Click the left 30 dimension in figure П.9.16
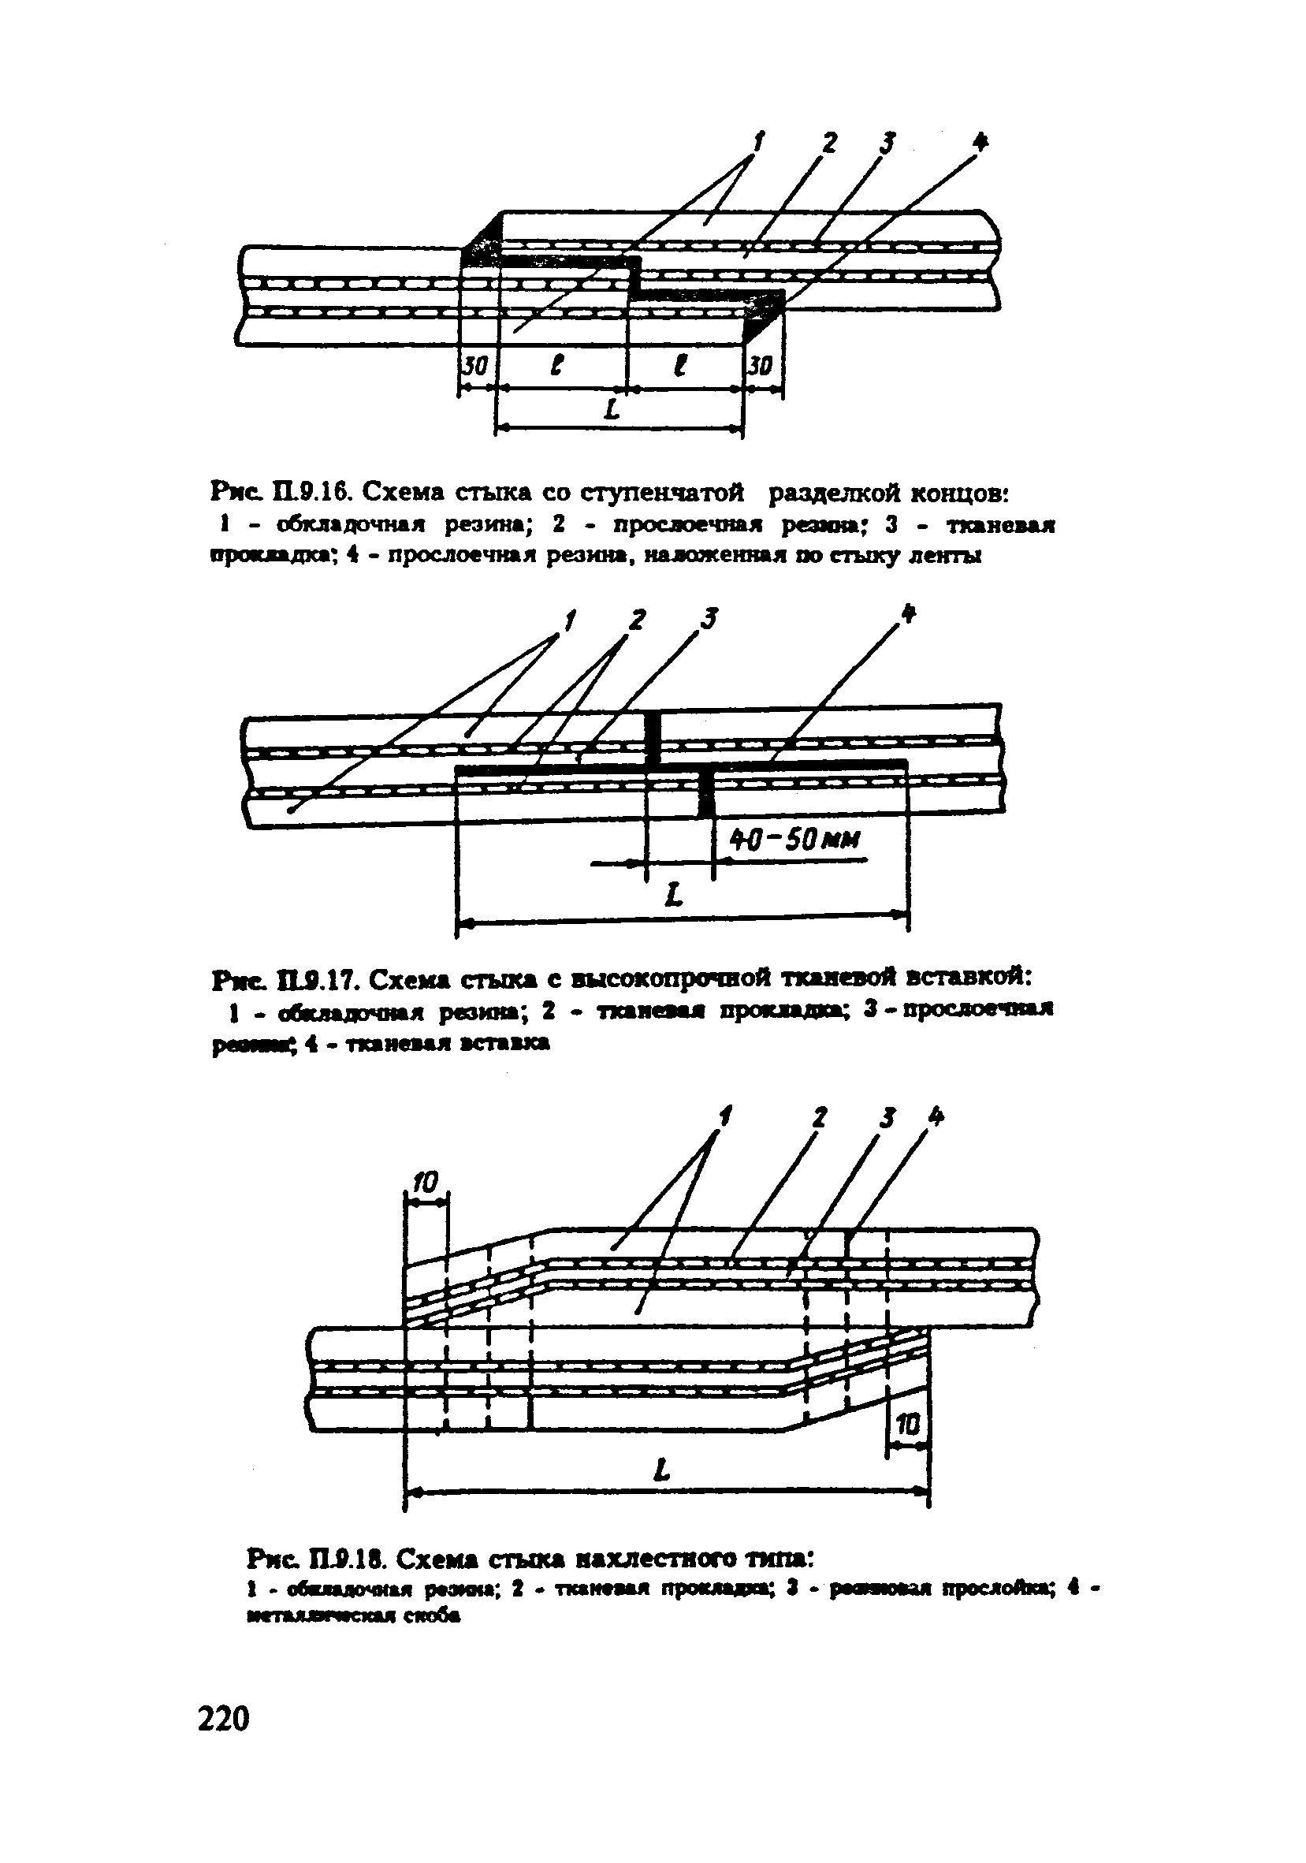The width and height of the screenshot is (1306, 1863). click(x=475, y=367)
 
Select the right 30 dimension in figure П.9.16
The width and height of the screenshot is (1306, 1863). click(x=760, y=367)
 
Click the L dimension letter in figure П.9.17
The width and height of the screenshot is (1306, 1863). click(x=672, y=896)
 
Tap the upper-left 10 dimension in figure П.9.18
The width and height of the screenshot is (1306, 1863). click(x=424, y=1184)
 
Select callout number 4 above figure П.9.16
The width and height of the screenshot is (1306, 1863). click(x=980, y=143)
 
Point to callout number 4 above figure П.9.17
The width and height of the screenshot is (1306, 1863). click(x=909, y=614)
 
